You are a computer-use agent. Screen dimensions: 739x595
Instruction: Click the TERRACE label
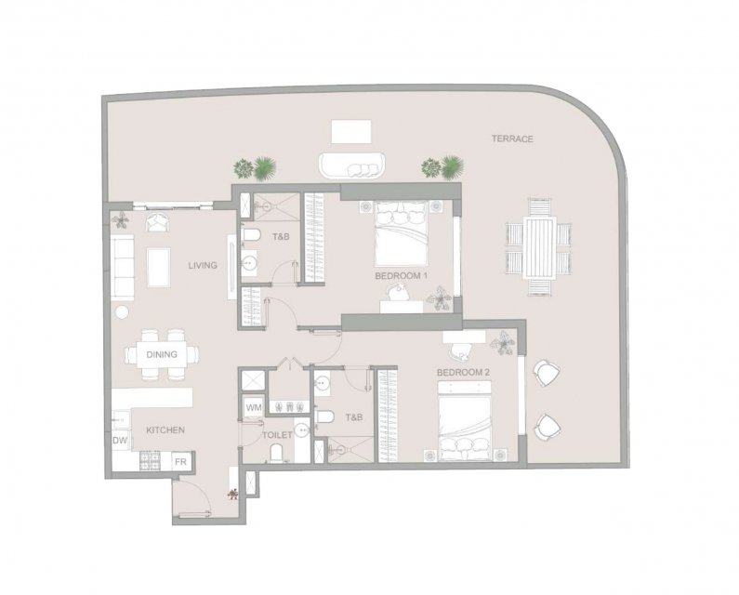pyautogui.click(x=512, y=139)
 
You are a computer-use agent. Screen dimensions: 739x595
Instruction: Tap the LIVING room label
pyautogui.click(x=203, y=266)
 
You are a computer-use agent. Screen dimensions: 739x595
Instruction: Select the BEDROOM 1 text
pyautogui.click(x=401, y=275)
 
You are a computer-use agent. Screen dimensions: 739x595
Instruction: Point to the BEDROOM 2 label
pyautogui.click(x=463, y=373)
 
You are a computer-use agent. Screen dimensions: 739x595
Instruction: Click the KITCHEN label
pyautogui.click(x=165, y=430)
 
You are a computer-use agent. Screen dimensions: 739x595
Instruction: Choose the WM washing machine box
pyautogui.click(x=254, y=407)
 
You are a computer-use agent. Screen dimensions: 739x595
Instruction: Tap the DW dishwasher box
pyautogui.click(x=120, y=441)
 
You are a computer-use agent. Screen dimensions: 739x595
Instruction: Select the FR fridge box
pyautogui.click(x=180, y=461)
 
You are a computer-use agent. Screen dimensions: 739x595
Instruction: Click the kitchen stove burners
pyautogui.click(x=151, y=460)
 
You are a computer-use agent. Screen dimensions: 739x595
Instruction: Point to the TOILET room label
pyautogui.click(x=277, y=435)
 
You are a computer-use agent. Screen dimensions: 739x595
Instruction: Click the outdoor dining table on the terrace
pyautogui.click(x=540, y=247)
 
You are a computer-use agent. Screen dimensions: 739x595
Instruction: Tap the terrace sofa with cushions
pyautogui.click(x=352, y=165)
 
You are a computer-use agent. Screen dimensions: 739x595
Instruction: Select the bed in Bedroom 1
pyautogui.click(x=401, y=233)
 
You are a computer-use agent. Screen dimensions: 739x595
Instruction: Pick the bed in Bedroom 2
pyautogui.click(x=465, y=421)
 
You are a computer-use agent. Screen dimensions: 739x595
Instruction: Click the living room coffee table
pyautogui.click(x=158, y=268)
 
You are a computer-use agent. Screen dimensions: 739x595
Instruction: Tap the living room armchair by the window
pyautogui.click(x=158, y=222)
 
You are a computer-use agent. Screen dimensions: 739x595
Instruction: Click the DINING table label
pyautogui.click(x=162, y=354)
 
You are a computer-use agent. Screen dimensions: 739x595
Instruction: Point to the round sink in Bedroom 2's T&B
pyautogui.click(x=323, y=383)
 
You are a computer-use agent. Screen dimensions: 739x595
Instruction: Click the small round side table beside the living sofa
pyautogui.click(x=122, y=311)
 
